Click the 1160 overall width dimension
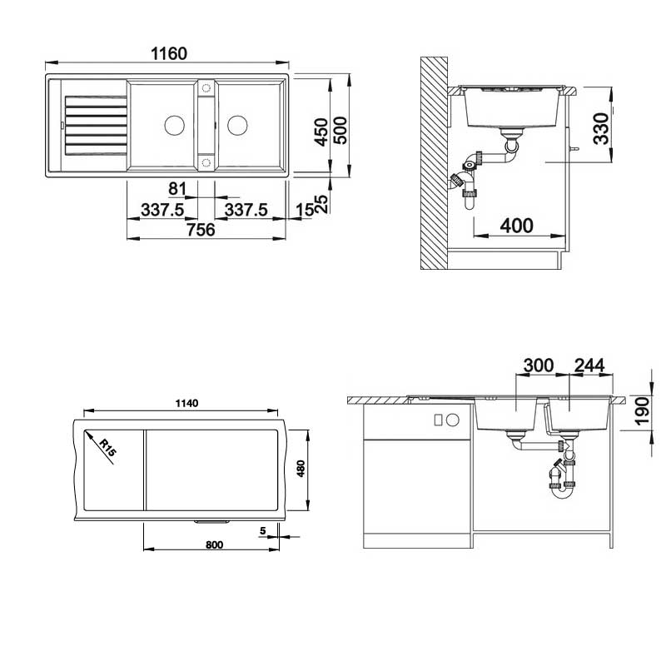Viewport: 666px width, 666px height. tap(169, 53)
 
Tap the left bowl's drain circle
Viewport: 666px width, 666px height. tap(175, 126)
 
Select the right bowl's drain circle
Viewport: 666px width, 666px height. tap(237, 126)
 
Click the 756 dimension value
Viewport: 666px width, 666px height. tap(201, 230)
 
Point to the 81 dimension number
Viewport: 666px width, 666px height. tap(177, 189)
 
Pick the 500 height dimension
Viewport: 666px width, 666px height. tap(340, 131)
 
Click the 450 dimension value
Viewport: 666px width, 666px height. tap(321, 132)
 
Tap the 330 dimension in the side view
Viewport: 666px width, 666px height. tap(601, 129)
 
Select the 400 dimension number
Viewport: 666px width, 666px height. tap(516, 226)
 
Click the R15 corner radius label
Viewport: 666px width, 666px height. tap(107, 448)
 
